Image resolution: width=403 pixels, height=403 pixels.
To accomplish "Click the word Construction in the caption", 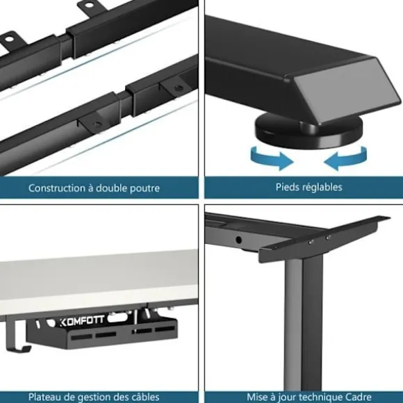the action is (x=56, y=188).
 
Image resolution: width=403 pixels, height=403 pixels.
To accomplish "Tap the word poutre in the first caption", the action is (x=145, y=188).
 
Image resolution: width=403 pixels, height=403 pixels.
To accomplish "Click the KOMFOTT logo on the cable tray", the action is (x=82, y=321).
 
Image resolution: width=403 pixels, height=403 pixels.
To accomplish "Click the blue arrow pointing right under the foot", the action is (x=272, y=159).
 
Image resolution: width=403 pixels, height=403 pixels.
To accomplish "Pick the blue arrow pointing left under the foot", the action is (x=346, y=159).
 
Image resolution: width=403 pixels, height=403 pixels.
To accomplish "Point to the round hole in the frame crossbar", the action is (x=238, y=240).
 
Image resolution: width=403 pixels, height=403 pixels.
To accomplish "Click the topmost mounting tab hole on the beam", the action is (x=88, y=5).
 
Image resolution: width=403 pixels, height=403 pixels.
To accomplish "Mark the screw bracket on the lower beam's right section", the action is (x=174, y=87).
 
